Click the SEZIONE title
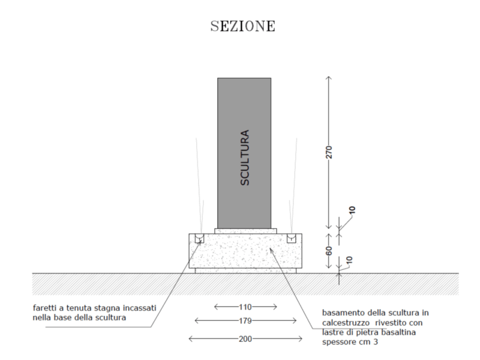click(243, 26)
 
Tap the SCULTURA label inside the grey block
click(245, 157)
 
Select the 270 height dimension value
click(329, 152)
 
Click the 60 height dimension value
click(329, 251)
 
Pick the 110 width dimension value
click(245, 307)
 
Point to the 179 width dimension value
click(245, 321)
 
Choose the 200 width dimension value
click(245, 339)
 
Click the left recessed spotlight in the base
click(199, 238)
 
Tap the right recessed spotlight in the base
click(292, 238)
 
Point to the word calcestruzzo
click(346, 323)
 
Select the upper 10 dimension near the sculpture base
click(352, 210)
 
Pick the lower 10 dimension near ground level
click(349, 260)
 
